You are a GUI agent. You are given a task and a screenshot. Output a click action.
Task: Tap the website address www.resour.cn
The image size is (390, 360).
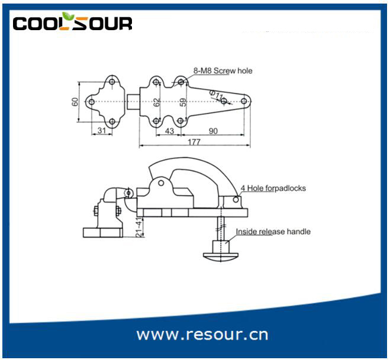202,335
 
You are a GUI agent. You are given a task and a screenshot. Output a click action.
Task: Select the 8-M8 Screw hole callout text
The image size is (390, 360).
223,71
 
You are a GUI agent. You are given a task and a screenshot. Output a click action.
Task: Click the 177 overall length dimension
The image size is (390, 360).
194,142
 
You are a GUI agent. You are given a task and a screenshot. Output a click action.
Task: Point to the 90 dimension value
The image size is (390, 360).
213,131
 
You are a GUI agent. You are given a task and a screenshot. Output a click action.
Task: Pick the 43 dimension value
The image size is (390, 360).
169,131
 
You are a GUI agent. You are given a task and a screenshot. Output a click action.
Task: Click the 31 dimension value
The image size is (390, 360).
101,131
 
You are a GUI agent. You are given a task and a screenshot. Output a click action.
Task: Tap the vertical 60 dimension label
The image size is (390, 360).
75,102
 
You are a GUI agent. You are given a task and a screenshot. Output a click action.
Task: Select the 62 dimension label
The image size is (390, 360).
157,102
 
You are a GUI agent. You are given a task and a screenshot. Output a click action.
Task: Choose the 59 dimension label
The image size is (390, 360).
183,102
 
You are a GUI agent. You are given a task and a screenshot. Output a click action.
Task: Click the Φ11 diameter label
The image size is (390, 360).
216,95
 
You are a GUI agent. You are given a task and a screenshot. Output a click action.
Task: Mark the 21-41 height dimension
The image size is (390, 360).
139,228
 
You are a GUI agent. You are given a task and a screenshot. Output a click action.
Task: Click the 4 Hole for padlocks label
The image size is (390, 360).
273,189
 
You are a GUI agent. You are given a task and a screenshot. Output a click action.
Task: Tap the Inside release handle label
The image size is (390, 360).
273,232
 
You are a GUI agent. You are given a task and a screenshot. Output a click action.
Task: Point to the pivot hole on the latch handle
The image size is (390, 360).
161,183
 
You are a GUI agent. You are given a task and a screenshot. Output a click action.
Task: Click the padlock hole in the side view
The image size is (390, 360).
236,199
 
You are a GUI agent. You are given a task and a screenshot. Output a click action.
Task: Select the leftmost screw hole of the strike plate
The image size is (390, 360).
92,102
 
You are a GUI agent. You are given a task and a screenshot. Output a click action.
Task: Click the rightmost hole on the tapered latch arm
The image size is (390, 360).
244,101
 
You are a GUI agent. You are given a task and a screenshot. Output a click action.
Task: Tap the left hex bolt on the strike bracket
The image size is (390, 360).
96,210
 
